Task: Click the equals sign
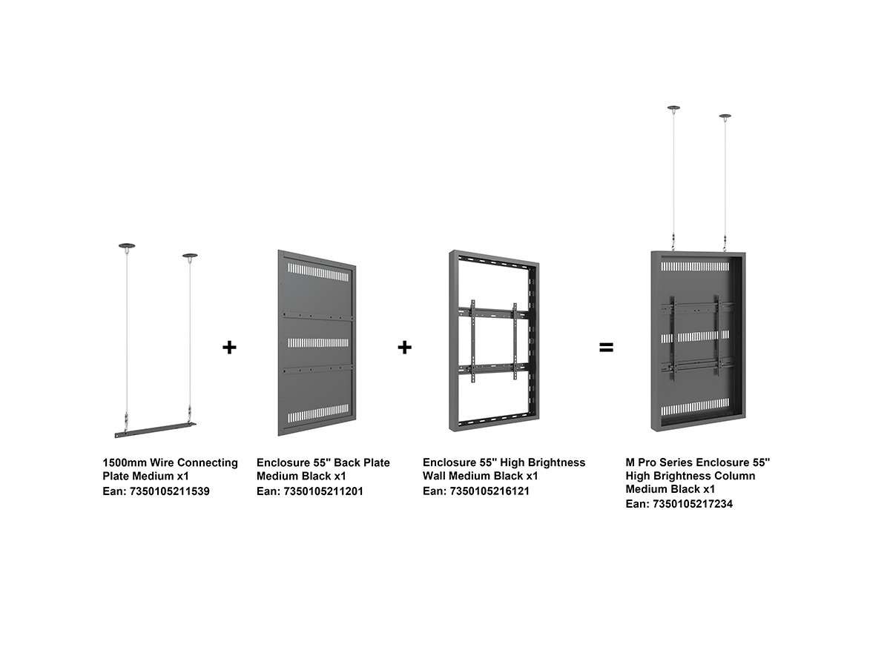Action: (x=606, y=347)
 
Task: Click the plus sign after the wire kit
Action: (x=229, y=347)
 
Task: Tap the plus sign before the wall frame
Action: (x=404, y=347)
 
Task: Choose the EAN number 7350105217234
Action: (x=693, y=504)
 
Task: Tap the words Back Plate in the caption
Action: (x=362, y=462)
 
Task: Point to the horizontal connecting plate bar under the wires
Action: (x=155, y=429)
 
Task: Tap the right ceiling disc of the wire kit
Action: (x=190, y=256)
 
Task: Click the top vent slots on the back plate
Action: (x=318, y=273)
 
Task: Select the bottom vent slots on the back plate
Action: (x=318, y=412)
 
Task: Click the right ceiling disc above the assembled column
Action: (x=725, y=116)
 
